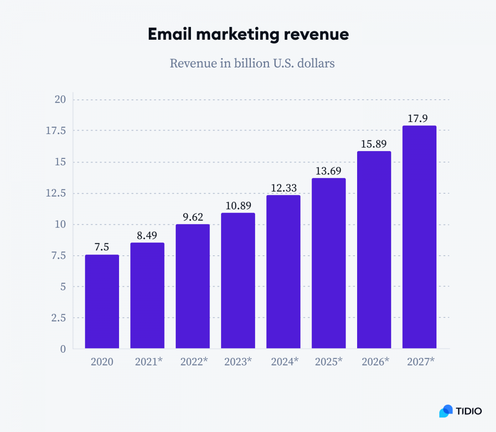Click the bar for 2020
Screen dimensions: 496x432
102,302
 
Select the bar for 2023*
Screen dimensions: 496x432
238,281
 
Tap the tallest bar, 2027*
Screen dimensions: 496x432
420,237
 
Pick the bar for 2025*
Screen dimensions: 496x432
329,263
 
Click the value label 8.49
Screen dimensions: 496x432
147,235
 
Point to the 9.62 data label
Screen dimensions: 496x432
193,217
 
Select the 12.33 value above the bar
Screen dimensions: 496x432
284,188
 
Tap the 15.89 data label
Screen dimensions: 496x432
374,144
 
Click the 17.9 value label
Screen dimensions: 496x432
417,118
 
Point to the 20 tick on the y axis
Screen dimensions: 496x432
60,99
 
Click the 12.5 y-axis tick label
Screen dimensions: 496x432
56,193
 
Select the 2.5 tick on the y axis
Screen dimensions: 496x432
58,318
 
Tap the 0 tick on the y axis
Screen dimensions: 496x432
63,349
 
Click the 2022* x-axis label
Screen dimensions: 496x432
194,362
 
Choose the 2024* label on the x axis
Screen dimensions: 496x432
285,362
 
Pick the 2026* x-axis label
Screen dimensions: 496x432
375,362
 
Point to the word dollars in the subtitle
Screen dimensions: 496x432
316,63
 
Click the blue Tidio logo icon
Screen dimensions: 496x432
446,411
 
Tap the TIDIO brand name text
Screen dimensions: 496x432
469,411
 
